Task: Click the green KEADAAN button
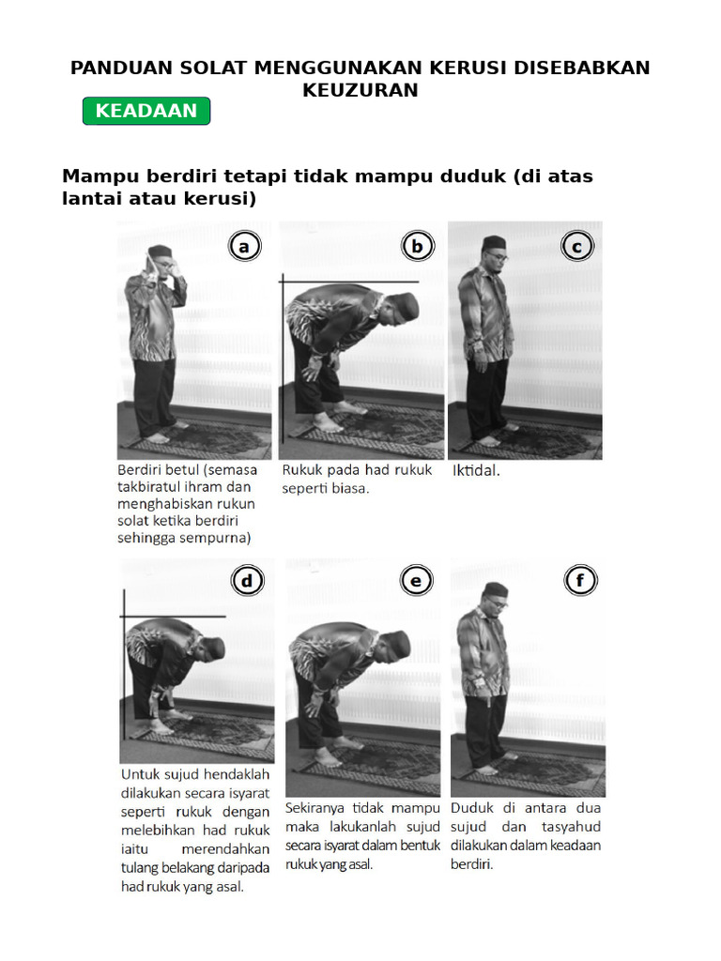146,111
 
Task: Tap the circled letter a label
244,247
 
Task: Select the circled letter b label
417,247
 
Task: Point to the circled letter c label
576,247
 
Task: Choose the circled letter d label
247,582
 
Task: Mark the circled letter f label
580,582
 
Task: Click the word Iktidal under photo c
476,471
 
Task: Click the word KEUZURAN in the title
360,90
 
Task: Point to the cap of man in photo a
161,251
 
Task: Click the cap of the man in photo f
495,589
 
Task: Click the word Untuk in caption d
141,774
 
